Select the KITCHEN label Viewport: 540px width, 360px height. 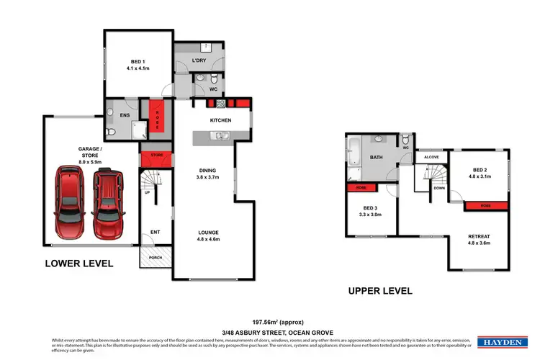point(220,120)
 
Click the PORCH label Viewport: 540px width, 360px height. point(155,257)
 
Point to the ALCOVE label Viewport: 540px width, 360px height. point(431,156)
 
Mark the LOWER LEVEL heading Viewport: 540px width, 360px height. point(79,264)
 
